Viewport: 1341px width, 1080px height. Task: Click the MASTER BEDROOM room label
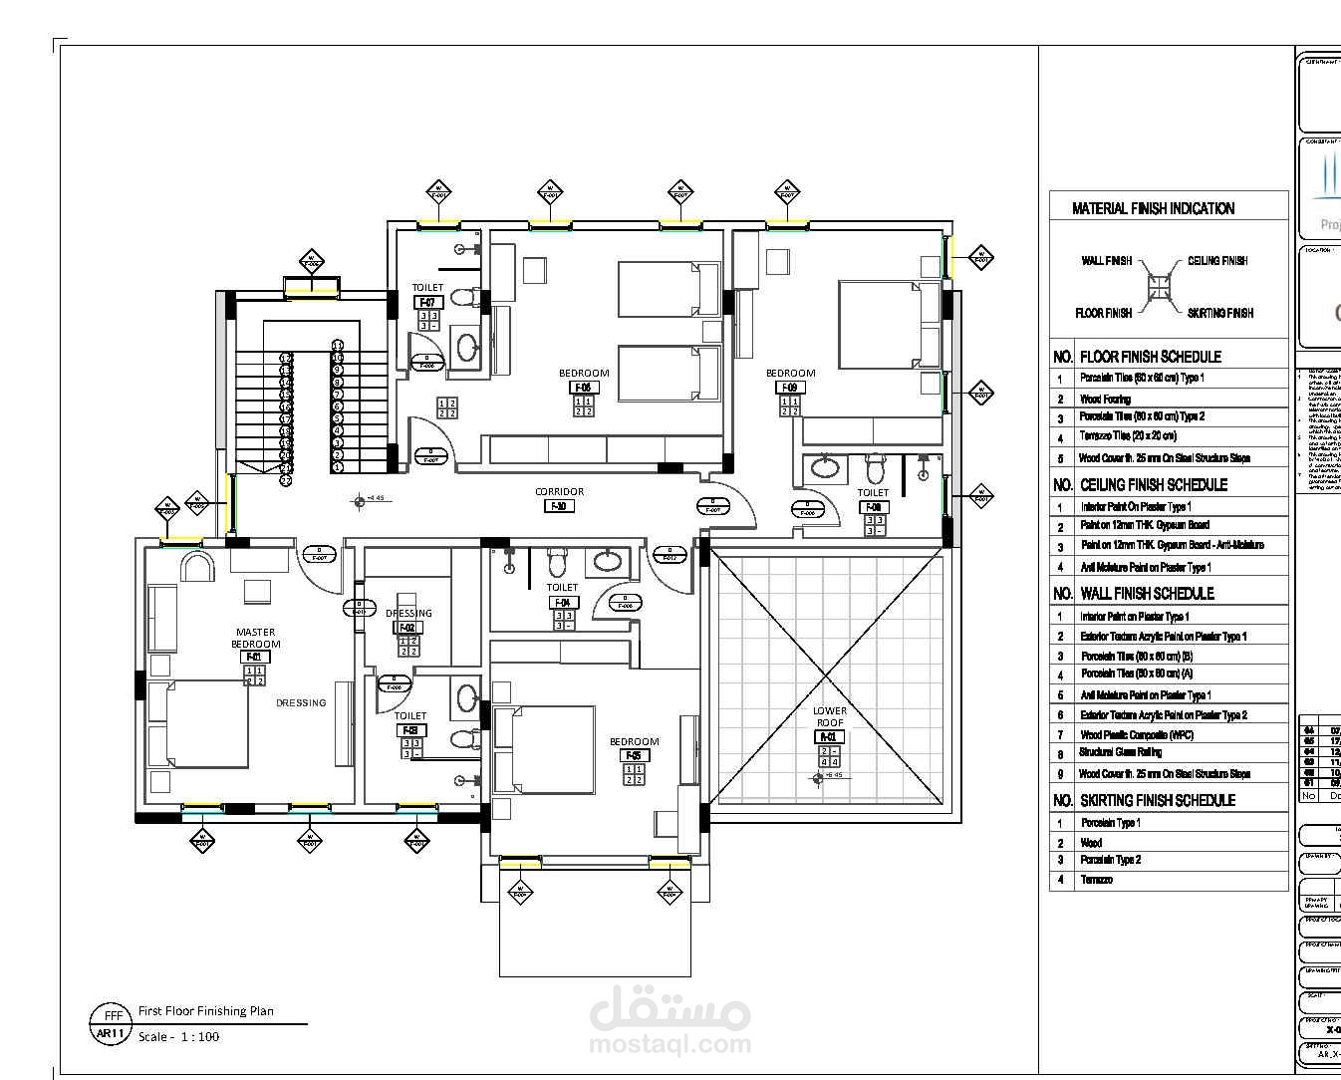(x=256, y=638)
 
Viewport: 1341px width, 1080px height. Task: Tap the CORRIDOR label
(x=559, y=491)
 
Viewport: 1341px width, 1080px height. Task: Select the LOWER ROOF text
(x=830, y=716)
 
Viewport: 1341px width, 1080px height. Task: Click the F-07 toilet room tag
(x=427, y=302)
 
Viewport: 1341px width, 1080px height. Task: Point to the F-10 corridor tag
(x=559, y=506)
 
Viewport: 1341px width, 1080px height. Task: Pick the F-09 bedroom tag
(x=790, y=388)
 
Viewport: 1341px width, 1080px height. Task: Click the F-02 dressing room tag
(x=407, y=628)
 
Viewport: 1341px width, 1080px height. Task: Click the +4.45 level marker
(x=374, y=498)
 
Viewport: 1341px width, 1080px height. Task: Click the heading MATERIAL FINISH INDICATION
(x=1153, y=208)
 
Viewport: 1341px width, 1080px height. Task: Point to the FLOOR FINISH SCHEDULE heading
(x=1150, y=357)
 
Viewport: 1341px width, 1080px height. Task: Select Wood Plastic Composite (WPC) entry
(x=1136, y=734)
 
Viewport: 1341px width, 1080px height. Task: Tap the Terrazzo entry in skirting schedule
(x=1096, y=880)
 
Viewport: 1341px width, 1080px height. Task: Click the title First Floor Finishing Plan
(x=205, y=1010)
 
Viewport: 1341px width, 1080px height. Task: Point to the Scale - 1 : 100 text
(x=178, y=1036)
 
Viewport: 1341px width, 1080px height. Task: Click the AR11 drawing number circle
(x=110, y=1034)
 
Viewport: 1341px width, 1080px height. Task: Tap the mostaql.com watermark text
(x=670, y=1044)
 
